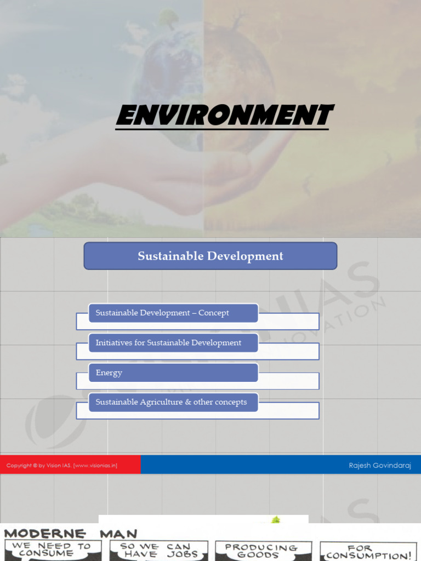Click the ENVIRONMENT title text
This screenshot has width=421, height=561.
pyautogui.click(x=225, y=116)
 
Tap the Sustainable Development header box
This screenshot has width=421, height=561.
pyautogui.click(x=210, y=256)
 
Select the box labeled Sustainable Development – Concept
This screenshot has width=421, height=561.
pyautogui.click(x=173, y=313)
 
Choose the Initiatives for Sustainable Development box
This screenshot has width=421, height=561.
pyautogui.click(x=173, y=343)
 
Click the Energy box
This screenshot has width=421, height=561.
pyautogui.click(x=173, y=373)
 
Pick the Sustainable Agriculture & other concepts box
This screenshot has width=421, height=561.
pyautogui.click(x=173, y=402)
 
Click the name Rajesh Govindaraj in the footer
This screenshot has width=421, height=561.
pyautogui.click(x=380, y=466)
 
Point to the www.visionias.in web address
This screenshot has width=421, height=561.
pyautogui.click(x=95, y=466)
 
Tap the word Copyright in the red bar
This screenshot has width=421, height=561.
pyautogui.click(x=18, y=466)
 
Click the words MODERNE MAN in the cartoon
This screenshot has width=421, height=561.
pyautogui.click(x=71, y=533)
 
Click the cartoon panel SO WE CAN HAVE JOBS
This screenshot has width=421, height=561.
pyautogui.click(x=158, y=550)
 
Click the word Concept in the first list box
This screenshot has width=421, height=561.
pyautogui.click(x=214, y=313)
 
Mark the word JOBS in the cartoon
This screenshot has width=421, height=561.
pyautogui.click(x=183, y=554)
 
